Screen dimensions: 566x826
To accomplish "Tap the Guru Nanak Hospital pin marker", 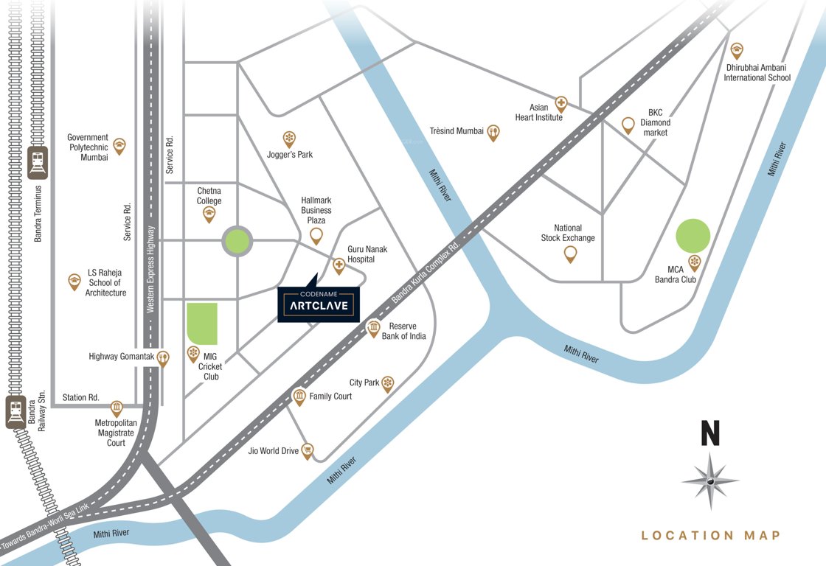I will pos(339,264).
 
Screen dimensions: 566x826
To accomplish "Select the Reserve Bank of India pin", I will pos(374,328).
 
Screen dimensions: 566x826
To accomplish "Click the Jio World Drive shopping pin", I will pos(308,450).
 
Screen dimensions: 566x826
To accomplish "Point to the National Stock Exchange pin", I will pos(570,254).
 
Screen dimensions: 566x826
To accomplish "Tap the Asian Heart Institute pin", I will pos(561,103).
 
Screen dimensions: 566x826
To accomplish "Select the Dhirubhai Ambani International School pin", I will pos(737,50).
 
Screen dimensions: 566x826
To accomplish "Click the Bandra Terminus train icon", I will pos(37,162).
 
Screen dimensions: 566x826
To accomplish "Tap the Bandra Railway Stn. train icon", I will pos(15,412).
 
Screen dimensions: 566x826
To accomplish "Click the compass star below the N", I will pos(709,481).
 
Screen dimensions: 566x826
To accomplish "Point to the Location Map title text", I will pos(710,536).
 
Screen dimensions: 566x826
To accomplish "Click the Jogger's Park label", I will pos(290,155).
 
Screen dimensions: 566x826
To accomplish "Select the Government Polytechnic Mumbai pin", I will pos(119,145).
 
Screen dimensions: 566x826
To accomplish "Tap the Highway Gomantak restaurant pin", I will pos(163,357).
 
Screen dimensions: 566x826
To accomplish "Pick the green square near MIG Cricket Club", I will pos(202,324).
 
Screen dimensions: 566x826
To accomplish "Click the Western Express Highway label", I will pos(150,268).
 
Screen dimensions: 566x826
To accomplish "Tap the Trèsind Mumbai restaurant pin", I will pos(493,132).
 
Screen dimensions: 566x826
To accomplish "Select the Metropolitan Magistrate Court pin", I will pos(117,408).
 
